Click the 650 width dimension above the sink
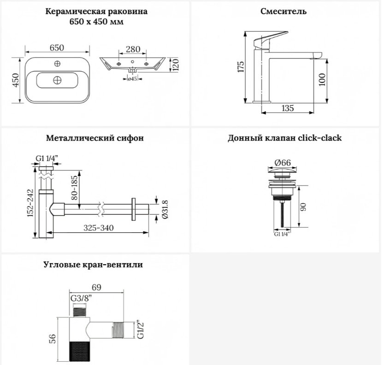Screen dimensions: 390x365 [x=57, y=47]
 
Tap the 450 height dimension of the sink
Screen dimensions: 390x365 [x=16, y=80]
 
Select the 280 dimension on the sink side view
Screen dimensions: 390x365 [x=133, y=49]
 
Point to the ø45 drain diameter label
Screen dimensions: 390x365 [x=132, y=79]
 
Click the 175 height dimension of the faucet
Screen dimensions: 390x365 [x=241, y=67]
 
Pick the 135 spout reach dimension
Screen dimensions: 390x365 [x=288, y=108]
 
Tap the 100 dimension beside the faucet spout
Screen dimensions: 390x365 [x=322, y=80]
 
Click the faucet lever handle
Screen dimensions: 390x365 [x=270, y=39]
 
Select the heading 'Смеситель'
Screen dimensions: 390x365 [x=284, y=12]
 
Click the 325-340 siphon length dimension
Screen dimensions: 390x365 [x=99, y=228]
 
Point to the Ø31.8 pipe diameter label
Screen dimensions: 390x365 [x=165, y=210]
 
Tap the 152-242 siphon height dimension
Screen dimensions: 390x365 [x=30, y=203]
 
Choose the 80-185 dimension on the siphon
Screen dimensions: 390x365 [x=74, y=188]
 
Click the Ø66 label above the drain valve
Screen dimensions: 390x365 [x=283, y=163]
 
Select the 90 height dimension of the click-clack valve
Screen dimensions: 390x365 [x=303, y=207]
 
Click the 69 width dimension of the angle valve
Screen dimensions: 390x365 [x=96, y=287]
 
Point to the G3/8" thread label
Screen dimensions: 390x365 [x=81, y=298]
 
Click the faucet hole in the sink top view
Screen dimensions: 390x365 [x=58, y=64]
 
